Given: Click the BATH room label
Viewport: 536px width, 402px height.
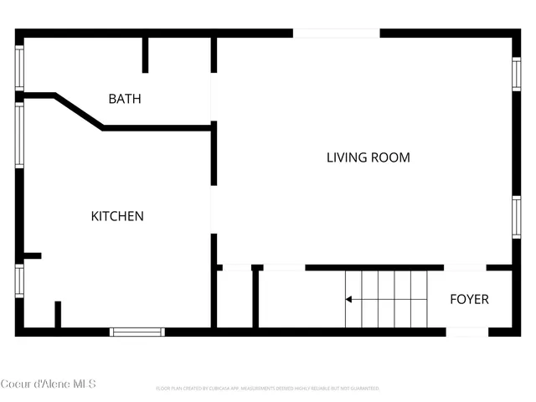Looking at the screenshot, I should pyautogui.click(x=125, y=99).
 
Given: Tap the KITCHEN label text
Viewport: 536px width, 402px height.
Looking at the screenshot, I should pyautogui.click(x=117, y=216).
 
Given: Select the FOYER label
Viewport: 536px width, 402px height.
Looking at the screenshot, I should pyautogui.click(x=469, y=299).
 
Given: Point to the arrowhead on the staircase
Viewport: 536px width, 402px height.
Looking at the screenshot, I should pyautogui.click(x=349, y=299).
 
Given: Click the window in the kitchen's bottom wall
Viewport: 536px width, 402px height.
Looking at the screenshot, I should pyautogui.click(x=138, y=332).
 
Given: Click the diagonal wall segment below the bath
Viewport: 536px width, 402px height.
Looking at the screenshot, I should pyautogui.click(x=79, y=111).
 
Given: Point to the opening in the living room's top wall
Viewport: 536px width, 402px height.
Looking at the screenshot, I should pyautogui.click(x=337, y=33).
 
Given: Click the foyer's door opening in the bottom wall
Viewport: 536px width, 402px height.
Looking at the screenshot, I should pyautogui.click(x=466, y=332).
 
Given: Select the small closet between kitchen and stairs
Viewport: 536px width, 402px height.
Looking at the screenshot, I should pyautogui.click(x=235, y=299).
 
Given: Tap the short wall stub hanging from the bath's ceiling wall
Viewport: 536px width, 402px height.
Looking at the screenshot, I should pyautogui.click(x=145, y=54).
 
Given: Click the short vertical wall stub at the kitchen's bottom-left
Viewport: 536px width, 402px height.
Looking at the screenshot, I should pyautogui.click(x=58, y=314).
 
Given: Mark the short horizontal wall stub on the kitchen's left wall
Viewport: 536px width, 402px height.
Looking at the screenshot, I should pyautogui.click(x=32, y=255).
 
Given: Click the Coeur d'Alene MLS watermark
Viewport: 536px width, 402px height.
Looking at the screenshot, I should pyautogui.click(x=49, y=384).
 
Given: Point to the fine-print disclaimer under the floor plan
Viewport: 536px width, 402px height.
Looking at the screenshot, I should pyautogui.click(x=268, y=389).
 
